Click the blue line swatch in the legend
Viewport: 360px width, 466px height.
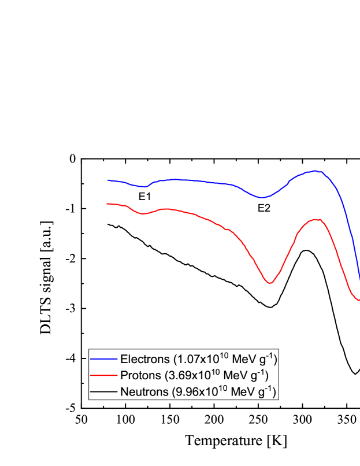(x=103, y=359)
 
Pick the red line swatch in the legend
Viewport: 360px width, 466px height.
(x=103, y=375)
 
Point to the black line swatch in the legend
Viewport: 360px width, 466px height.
(x=103, y=391)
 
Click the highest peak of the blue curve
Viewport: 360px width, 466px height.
(x=316, y=171)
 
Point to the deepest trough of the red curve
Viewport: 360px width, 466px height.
(x=270, y=283)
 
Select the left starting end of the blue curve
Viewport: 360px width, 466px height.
(x=108, y=180)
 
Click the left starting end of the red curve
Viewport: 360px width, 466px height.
(x=107, y=204)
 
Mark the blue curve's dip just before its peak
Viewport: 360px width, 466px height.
(x=262, y=197)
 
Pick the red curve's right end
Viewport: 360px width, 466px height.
(x=359, y=300)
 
